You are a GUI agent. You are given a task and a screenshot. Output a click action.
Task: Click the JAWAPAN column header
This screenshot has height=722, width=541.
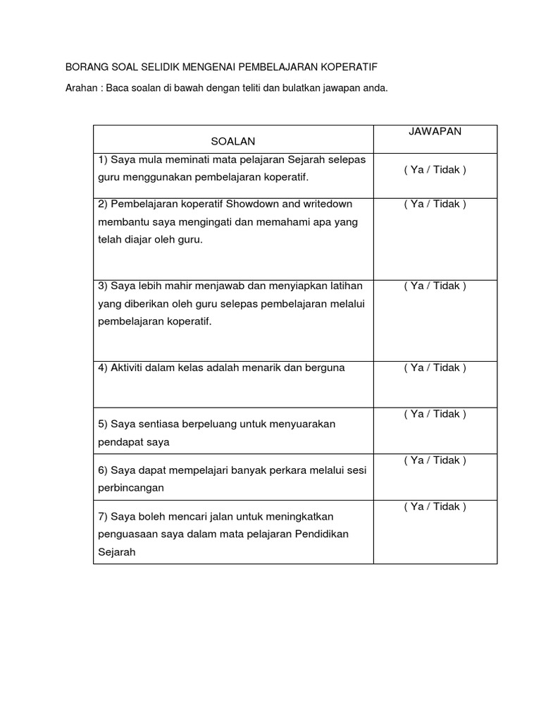click(435, 132)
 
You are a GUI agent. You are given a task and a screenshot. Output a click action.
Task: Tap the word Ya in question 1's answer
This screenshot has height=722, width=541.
click(416, 170)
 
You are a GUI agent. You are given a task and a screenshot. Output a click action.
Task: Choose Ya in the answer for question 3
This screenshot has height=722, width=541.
click(416, 286)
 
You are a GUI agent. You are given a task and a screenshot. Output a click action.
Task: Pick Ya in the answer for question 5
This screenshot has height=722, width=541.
click(416, 415)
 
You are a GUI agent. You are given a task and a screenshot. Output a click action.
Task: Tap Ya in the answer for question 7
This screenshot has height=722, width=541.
click(416, 507)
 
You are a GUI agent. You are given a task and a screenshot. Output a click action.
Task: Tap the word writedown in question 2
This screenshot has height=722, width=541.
click(326, 204)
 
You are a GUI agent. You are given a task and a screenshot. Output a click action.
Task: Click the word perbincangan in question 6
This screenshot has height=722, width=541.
click(131, 488)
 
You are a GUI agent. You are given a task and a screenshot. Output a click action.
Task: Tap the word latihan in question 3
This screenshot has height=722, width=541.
click(345, 286)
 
